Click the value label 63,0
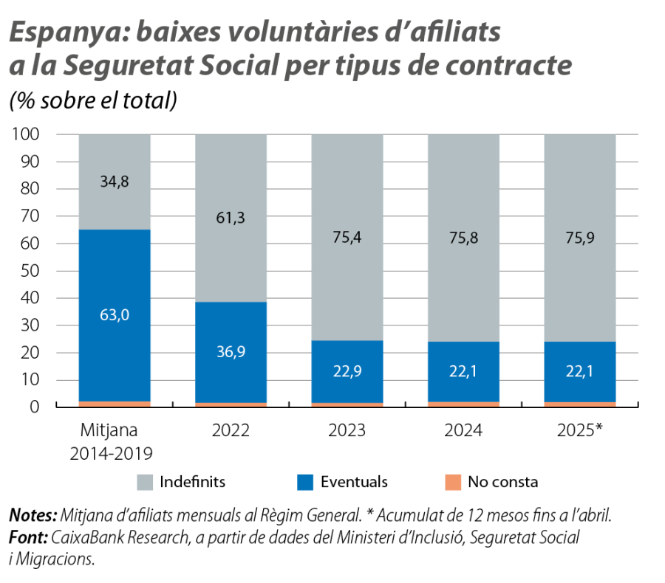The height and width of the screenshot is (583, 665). click(x=115, y=315)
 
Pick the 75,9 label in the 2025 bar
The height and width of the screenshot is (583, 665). click(x=580, y=238)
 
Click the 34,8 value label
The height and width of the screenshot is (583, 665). click(x=115, y=181)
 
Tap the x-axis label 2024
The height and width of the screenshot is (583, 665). click(x=463, y=430)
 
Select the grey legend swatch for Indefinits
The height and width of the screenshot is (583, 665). click(x=147, y=483)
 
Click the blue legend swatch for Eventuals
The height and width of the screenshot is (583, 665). click(x=305, y=483)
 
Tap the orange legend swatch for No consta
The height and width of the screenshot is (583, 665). click(x=453, y=483)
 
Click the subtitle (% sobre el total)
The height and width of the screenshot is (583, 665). click(x=92, y=102)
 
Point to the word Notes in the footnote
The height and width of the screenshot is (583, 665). click(x=33, y=514)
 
